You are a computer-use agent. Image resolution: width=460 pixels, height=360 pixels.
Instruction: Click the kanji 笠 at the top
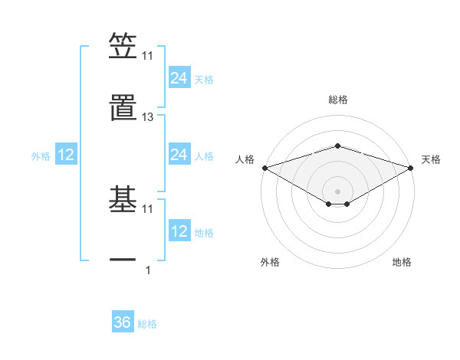click(x=123, y=46)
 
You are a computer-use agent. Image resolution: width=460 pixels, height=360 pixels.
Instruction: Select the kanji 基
click(x=123, y=200)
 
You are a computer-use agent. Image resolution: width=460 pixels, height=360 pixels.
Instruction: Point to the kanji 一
click(x=123, y=260)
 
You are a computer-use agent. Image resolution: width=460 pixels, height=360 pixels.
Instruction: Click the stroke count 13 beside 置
click(x=148, y=117)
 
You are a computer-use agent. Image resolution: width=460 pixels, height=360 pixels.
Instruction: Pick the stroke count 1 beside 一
click(x=148, y=270)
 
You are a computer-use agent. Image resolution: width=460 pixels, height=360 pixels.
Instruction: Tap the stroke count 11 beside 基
click(x=148, y=208)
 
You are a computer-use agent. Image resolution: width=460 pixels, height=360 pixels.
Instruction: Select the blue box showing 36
click(x=123, y=322)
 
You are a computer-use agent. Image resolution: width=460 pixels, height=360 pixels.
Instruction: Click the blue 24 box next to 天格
click(x=179, y=78)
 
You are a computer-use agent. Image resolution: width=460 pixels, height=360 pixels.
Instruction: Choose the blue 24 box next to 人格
click(x=179, y=155)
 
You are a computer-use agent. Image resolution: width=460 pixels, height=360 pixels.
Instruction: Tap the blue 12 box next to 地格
click(x=179, y=231)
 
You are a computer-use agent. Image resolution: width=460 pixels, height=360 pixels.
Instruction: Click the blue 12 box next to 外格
click(x=66, y=155)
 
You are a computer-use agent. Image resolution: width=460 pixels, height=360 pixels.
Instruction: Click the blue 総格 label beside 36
click(x=147, y=324)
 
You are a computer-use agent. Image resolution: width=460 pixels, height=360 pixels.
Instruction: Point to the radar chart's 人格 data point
click(x=264, y=168)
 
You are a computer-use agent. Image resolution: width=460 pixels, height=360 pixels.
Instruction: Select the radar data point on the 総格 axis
click(x=337, y=146)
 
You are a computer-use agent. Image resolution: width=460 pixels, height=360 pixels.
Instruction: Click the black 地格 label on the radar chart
click(x=402, y=263)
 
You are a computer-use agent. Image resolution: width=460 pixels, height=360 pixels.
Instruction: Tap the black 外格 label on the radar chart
click(x=270, y=263)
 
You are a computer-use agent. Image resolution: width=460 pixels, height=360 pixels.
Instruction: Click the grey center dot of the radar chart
click(x=337, y=190)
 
